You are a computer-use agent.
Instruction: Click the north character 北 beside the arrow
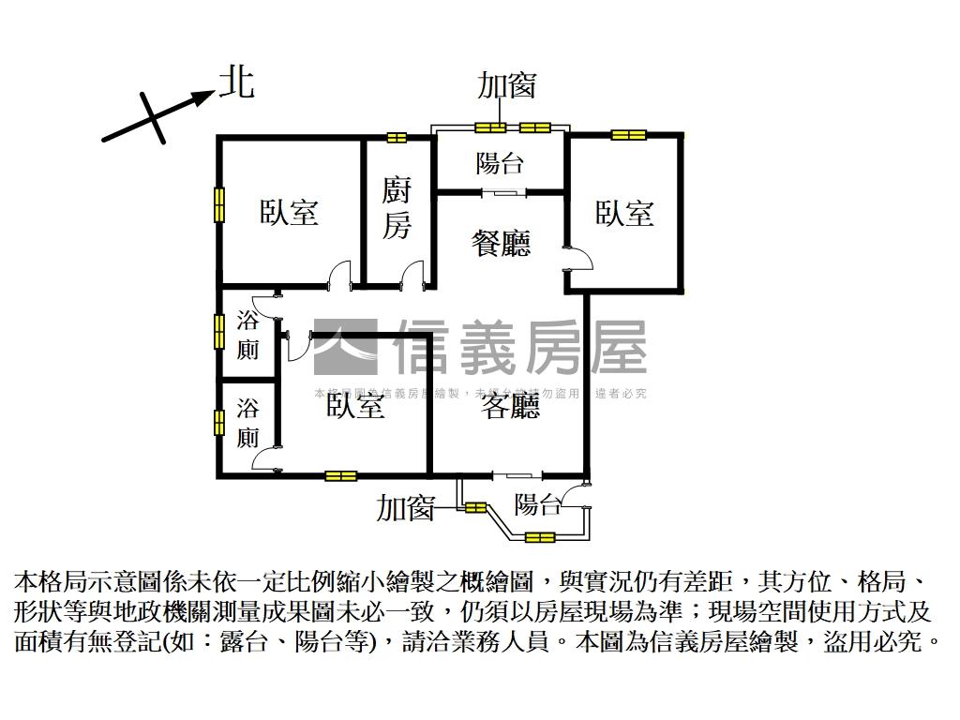[236, 82]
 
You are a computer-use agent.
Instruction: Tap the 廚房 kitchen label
[397, 209]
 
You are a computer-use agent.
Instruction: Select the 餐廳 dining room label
[501, 243]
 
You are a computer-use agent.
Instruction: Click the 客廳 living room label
[511, 406]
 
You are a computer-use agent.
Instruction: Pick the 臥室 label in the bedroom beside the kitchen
[290, 213]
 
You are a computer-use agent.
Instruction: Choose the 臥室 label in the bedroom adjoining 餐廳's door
[624, 214]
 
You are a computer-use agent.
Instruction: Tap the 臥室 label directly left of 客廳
[355, 406]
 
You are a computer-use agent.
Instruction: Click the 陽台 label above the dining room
[500, 164]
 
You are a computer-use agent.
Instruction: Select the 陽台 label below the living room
[537, 505]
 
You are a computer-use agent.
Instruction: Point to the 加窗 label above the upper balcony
[506, 85]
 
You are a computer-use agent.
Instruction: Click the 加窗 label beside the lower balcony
[405, 509]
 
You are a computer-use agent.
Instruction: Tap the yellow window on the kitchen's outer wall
[397, 138]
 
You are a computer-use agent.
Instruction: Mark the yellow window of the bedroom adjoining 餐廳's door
[629, 135]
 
